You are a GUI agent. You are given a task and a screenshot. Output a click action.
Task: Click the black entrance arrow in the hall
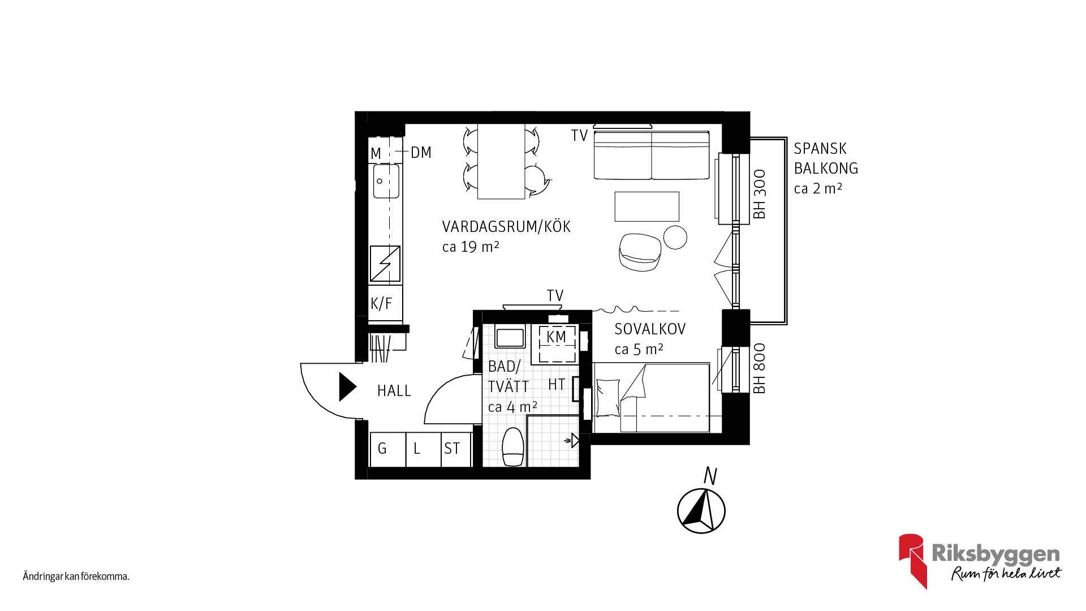pyautogui.click(x=347, y=387)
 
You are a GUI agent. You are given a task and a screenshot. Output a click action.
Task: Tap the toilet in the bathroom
pyautogui.click(x=513, y=446)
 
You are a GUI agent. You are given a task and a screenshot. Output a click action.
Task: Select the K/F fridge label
pyautogui.click(x=381, y=303)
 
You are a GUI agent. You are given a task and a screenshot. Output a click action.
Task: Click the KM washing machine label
pyautogui.click(x=557, y=337)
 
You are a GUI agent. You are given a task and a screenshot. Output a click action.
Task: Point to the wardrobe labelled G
pyautogui.click(x=388, y=449)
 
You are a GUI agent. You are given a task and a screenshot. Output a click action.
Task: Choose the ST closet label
pyautogui.click(x=452, y=449)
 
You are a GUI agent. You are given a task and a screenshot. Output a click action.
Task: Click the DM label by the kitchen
pyautogui.click(x=421, y=152)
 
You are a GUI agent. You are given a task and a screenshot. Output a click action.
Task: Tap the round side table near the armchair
pyautogui.click(x=675, y=237)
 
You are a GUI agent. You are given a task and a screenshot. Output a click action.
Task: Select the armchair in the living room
pyautogui.click(x=640, y=252)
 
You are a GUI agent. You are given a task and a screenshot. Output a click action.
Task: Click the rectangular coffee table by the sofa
pyautogui.click(x=647, y=206)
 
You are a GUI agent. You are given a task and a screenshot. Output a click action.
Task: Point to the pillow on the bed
pyautogui.click(x=608, y=398)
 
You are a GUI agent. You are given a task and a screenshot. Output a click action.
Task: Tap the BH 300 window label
pyautogui.click(x=760, y=194)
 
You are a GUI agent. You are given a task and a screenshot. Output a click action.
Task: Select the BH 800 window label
pyautogui.click(x=760, y=368)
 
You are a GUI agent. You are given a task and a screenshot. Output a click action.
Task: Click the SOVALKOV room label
pyautogui.click(x=650, y=329)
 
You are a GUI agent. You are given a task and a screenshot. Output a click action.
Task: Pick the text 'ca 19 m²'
pyautogui.click(x=471, y=247)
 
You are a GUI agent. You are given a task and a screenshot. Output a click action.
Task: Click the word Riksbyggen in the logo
pyautogui.click(x=996, y=554)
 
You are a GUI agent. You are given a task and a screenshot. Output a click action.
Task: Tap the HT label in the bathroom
pyautogui.click(x=557, y=385)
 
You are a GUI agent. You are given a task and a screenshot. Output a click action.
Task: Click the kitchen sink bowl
pyautogui.click(x=386, y=181)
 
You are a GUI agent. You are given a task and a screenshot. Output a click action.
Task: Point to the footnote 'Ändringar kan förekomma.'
pyautogui.click(x=76, y=576)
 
